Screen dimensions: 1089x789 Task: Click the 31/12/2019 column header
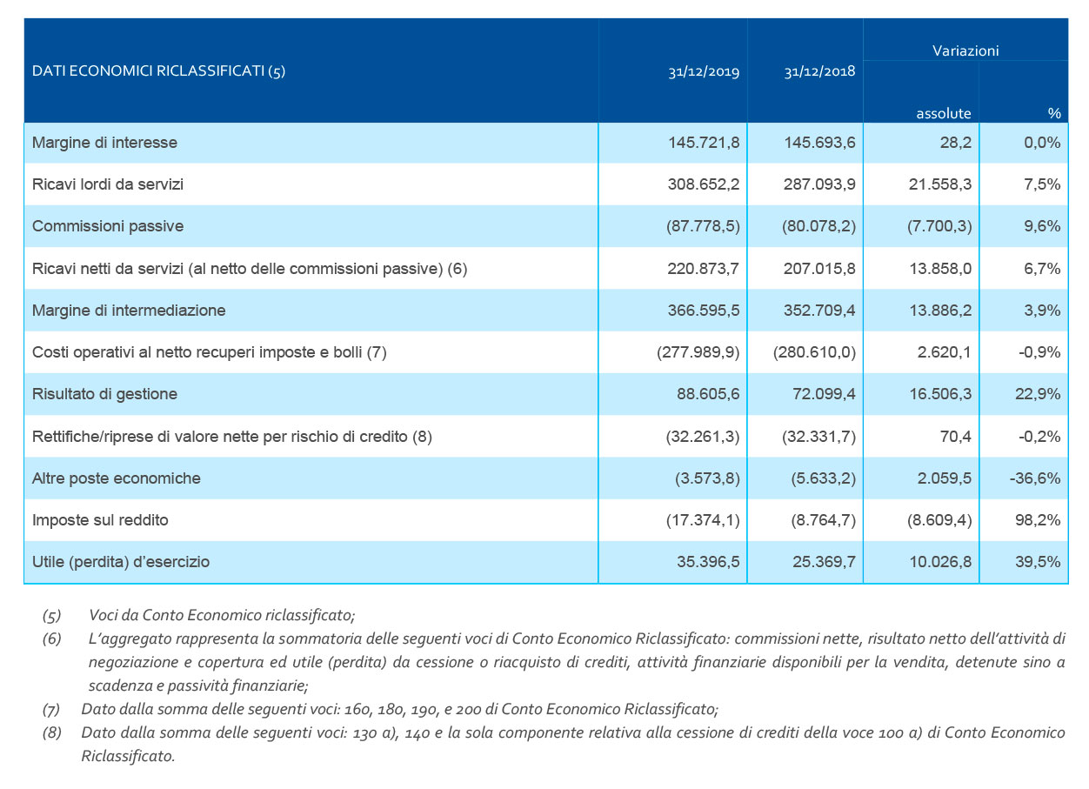pyautogui.click(x=704, y=71)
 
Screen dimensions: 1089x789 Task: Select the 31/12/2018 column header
pyautogui.click(x=819, y=71)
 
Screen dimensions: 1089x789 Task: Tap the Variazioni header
pyautogui.click(x=965, y=50)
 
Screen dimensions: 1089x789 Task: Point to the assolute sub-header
pyautogui.click(x=944, y=113)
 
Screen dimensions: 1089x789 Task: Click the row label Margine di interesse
pyautogui.click(x=104, y=143)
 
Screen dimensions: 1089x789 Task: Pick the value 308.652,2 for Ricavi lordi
pyautogui.click(x=704, y=184)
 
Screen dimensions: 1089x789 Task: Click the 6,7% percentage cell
pyautogui.click(x=1042, y=268)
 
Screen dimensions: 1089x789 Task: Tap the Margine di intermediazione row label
pyautogui.click(x=129, y=311)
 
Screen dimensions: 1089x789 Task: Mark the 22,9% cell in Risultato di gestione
pyautogui.click(x=1038, y=394)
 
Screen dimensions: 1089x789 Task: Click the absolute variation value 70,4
pyautogui.click(x=955, y=437)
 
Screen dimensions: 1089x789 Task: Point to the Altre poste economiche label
pyautogui.click(x=117, y=478)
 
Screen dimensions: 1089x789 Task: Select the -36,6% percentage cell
pyautogui.click(x=1035, y=478)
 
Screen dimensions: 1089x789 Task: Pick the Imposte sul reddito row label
pyautogui.click(x=100, y=520)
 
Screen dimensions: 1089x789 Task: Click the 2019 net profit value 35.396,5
pyautogui.click(x=708, y=562)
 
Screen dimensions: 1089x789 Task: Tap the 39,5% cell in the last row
pyautogui.click(x=1038, y=562)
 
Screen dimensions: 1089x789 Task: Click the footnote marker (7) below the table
pyautogui.click(x=51, y=710)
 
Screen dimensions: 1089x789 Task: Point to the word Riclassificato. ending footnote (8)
pyautogui.click(x=128, y=756)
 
